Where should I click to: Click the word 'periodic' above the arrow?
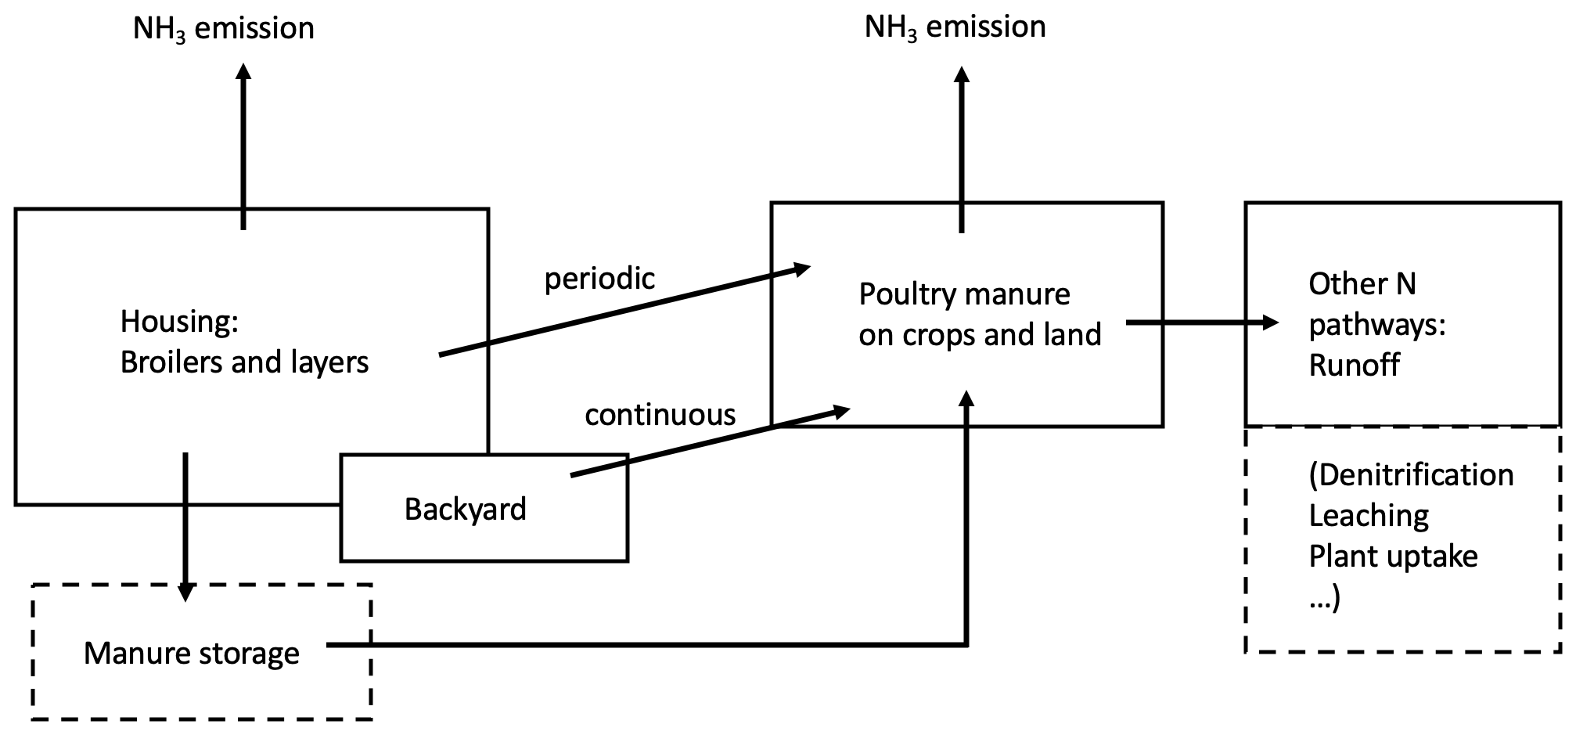599,279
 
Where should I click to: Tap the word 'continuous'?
660,415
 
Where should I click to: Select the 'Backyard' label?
465,510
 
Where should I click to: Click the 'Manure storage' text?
192,653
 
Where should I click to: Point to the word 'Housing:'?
179,321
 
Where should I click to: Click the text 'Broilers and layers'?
244,362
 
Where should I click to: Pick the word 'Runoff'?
1354,366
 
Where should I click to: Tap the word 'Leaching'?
1369,516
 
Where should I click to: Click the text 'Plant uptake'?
1393,557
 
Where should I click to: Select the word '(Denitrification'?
1411,475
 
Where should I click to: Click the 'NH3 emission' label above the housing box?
223,29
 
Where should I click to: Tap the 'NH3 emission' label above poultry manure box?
955,27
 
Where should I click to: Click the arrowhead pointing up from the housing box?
243,71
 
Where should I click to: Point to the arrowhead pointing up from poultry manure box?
962,74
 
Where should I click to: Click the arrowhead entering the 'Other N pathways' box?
1269,322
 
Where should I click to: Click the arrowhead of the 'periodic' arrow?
801,269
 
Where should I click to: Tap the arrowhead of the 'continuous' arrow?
842,410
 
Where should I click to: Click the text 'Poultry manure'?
964,294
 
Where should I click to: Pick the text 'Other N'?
1362,284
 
